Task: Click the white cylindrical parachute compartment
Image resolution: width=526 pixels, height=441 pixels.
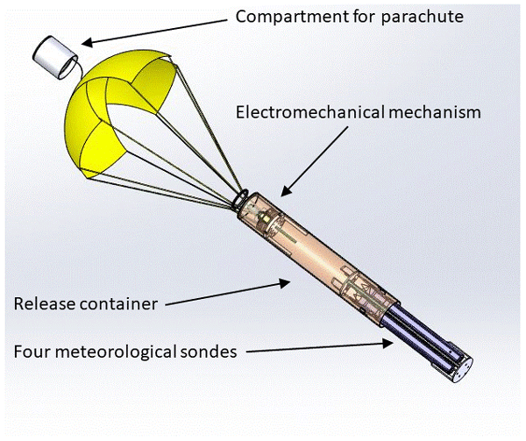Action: [56, 57]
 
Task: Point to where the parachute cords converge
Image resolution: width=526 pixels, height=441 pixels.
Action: [240, 201]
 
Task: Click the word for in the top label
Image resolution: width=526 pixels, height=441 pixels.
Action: [352, 16]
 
